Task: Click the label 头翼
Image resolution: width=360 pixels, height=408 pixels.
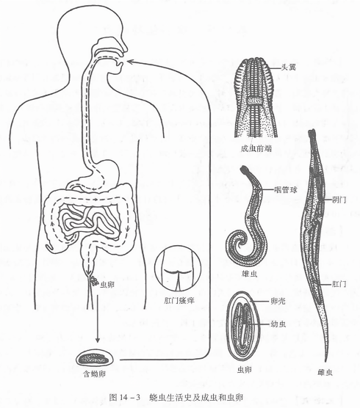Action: [x=289, y=68]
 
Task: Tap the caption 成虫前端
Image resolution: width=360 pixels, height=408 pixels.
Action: [x=256, y=148]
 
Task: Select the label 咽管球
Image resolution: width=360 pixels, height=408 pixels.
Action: [x=286, y=190]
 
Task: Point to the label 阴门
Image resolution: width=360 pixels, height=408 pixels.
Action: [x=339, y=200]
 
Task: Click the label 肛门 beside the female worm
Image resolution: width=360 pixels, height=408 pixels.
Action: [x=339, y=284]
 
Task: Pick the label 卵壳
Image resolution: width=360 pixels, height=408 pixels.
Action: [x=278, y=301]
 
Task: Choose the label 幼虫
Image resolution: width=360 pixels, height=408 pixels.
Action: [x=278, y=324]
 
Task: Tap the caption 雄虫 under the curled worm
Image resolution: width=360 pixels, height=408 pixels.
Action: [x=249, y=274]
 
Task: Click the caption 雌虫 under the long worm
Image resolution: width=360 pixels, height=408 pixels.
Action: [x=325, y=373]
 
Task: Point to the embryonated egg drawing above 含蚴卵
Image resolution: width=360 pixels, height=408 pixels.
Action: [x=95, y=360]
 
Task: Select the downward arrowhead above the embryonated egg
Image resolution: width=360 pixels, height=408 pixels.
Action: [x=98, y=339]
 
